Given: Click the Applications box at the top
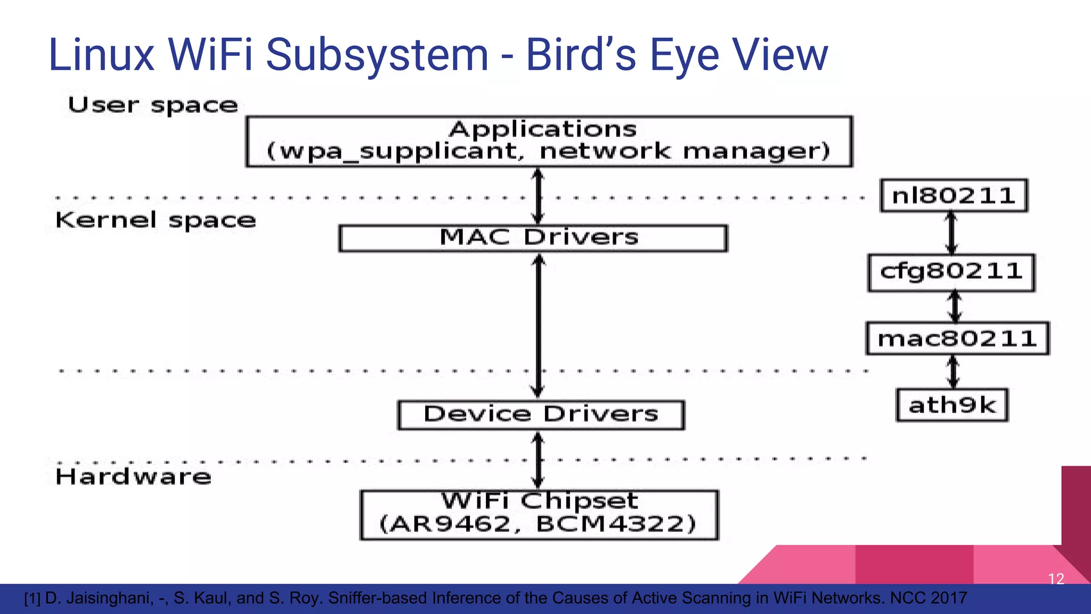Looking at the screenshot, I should pyautogui.click(x=549, y=141).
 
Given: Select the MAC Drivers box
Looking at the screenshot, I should pyautogui.click(x=533, y=238).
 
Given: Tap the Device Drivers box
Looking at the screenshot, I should pyautogui.click(x=541, y=415).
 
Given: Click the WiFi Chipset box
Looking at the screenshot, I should pyautogui.click(x=539, y=515).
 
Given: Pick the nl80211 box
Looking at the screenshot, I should pyautogui.click(x=953, y=196).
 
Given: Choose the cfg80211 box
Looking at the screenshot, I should pyautogui.click(x=951, y=272).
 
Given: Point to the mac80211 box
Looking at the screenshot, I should pyautogui.click(x=957, y=338).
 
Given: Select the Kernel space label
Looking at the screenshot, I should pyautogui.click(x=156, y=221).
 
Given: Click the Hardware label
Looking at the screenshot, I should pyautogui.click(x=133, y=476).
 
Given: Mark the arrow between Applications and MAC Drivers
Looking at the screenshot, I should pyautogui.click(x=538, y=196).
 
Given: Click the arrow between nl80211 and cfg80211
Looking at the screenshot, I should pyautogui.click(x=951, y=233).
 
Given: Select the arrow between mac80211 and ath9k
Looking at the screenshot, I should pyautogui.click(x=954, y=371).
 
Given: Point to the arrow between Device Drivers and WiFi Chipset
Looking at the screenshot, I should pyautogui.click(x=538, y=460).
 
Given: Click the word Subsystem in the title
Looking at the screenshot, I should pyautogui.click(x=377, y=55).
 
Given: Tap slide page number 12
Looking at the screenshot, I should pyautogui.click(x=1056, y=579).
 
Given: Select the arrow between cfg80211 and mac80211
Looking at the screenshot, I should pyautogui.click(x=955, y=306).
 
